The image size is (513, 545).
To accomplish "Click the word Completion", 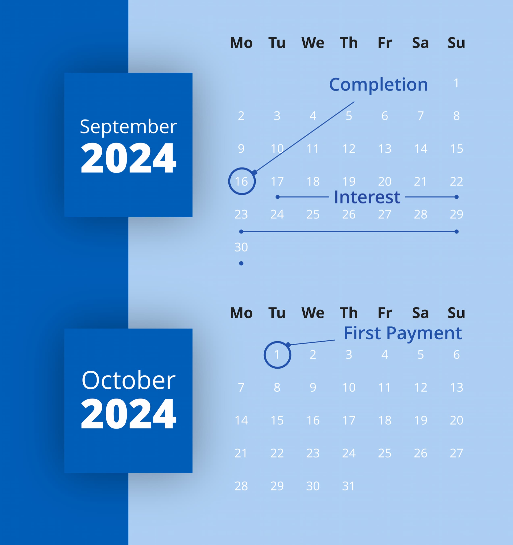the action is pos(378,85).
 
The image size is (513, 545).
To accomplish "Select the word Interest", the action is pos(367,197).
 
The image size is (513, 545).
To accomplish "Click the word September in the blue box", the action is pos(128,127).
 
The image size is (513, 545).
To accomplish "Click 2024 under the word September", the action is pos(128,158).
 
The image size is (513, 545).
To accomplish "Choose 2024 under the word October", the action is pos(128,413).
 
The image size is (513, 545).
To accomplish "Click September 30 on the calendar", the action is pos(241,247).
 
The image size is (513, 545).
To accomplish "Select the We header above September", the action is pos(313,43).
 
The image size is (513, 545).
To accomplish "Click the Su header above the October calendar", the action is pos(456,313).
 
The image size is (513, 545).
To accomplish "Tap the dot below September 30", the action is pos(241,263).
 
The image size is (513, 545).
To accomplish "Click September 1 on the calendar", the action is pos(456,83).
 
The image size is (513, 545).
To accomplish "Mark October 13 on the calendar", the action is pos(457,388).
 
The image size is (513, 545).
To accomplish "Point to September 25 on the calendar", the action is pos(313,214).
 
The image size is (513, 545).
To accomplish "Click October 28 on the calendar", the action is pos(241,486).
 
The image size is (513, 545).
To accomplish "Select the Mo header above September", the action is pos(241,43).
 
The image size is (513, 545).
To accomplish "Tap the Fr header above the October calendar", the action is pos(385,313).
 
